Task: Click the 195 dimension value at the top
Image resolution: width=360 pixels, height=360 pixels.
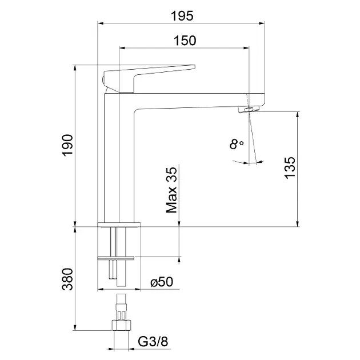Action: (x=181, y=16)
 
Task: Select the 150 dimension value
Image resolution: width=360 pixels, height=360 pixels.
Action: (x=185, y=41)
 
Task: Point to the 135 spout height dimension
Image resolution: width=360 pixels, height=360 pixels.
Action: (x=290, y=169)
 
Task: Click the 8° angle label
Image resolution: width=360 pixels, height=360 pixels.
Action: (x=237, y=145)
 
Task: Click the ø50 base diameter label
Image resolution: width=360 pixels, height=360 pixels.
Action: (x=161, y=282)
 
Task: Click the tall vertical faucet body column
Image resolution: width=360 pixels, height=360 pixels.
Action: (x=119, y=160)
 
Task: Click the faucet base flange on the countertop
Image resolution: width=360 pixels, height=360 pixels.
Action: (x=119, y=223)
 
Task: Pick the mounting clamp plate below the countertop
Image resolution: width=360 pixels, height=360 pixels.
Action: (x=119, y=258)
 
